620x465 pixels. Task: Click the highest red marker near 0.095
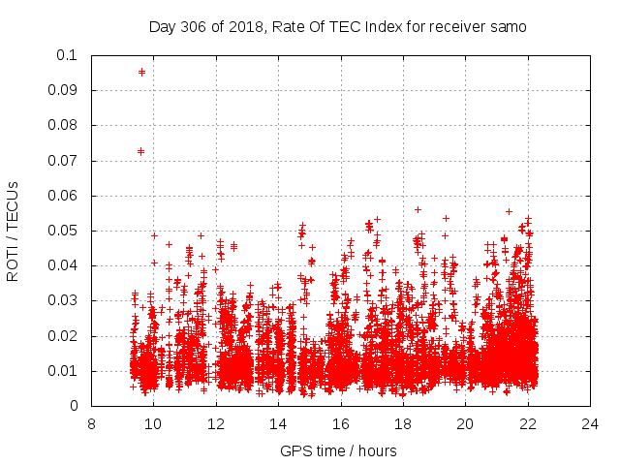(x=141, y=72)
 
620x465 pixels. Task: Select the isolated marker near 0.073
(x=140, y=151)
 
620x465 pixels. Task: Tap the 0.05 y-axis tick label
(x=65, y=231)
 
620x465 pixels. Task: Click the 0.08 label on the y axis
(x=65, y=125)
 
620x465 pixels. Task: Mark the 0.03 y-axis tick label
(x=65, y=300)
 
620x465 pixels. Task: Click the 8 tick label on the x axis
(x=91, y=423)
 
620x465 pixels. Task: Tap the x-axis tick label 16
(x=341, y=423)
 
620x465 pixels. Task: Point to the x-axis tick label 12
(x=216, y=423)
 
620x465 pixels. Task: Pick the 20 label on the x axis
(x=466, y=423)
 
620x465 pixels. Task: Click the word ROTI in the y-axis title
(x=13, y=263)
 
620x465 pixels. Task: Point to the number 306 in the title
(x=192, y=27)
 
